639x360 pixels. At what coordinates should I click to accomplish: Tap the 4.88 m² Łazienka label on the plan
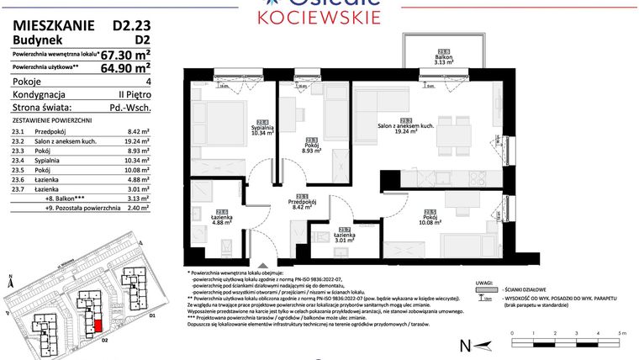(223, 218)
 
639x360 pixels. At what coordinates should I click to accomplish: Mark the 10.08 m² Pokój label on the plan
(430, 218)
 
